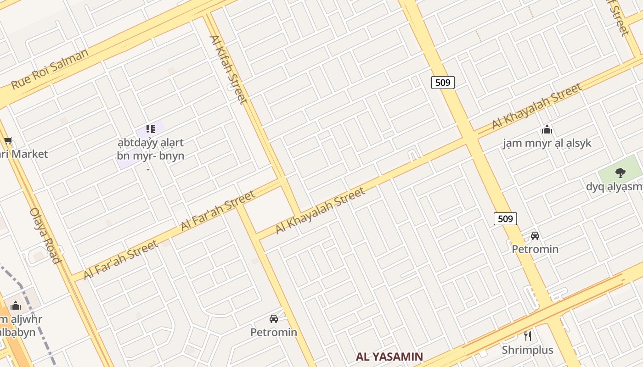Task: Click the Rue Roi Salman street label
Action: point(50,69)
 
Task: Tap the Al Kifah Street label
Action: point(228,69)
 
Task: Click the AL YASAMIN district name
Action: point(389,356)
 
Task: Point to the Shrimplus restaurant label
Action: point(527,350)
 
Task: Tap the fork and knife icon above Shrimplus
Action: point(528,336)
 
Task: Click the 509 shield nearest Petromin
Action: point(505,219)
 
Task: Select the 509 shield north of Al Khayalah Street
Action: point(443,83)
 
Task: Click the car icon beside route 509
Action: point(535,236)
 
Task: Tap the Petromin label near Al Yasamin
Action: point(274,332)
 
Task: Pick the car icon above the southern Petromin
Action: point(274,318)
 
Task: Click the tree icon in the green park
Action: point(620,173)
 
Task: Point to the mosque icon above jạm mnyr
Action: point(547,129)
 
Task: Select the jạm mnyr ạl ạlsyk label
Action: point(547,143)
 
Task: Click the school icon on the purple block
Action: point(150,129)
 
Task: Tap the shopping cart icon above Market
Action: point(7,140)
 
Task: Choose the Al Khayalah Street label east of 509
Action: point(536,106)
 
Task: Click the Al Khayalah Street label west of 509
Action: point(320,210)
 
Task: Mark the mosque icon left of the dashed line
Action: point(16,306)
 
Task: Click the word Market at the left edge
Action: point(29,154)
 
